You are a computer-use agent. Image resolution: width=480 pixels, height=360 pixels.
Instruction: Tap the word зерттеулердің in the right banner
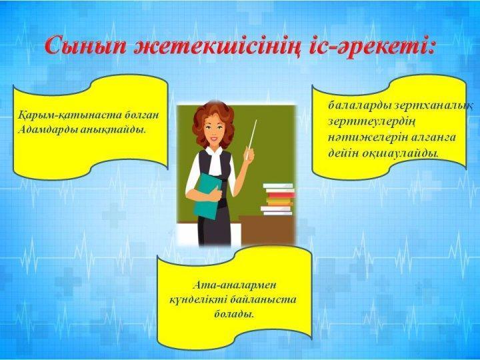pos(372,121)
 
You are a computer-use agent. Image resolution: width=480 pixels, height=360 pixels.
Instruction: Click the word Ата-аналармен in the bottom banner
pos(235,285)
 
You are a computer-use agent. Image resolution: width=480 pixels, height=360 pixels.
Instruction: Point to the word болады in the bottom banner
pos(234,313)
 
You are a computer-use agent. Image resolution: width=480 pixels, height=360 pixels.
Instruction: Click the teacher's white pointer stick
pos(251,139)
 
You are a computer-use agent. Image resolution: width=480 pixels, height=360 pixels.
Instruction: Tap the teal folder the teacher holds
pos(207,196)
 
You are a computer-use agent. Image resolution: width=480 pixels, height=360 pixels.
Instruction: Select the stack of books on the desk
pos(277,199)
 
